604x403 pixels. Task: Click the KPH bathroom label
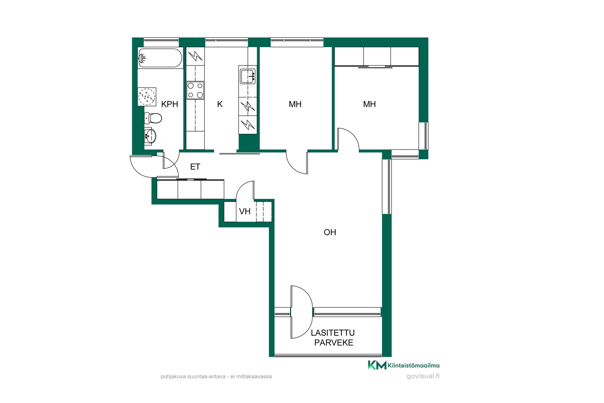(x=170, y=104)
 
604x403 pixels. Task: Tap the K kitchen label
(x=220, y=104)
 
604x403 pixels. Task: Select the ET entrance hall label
(x=195, y=167)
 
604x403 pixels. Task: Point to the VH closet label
(x=245, y=211)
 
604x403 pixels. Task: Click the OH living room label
(x=330, y=232)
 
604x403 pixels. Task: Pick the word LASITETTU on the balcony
(x=333, y=333)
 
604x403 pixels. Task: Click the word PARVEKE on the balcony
(x=334, y=343)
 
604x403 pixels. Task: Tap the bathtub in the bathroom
(x=160, y=58)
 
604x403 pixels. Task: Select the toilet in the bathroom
(x=153, y=118)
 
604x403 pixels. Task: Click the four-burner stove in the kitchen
(x=195, y=90)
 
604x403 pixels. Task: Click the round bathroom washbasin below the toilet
(x=150, y=136)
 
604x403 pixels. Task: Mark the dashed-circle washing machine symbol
(x=147, y=97)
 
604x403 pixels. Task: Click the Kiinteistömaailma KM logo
(x=404, y=365)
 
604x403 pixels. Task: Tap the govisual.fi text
(x=423, y=376)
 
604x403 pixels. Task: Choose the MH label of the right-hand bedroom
(x=369, y=104)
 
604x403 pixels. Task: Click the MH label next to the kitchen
(x=295, y=104)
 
